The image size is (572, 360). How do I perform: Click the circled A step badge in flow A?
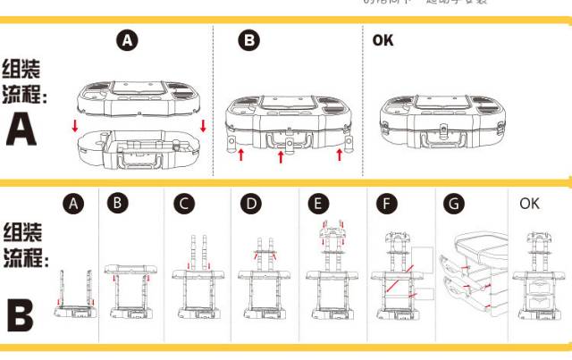point(129,40)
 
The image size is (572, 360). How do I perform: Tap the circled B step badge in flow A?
point(249,40)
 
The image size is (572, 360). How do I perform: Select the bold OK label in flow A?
point(383,39)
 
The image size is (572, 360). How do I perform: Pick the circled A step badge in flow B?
point(74,204)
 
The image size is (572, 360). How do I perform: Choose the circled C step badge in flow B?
point(184,204)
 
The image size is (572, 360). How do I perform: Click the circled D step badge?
point(252,204)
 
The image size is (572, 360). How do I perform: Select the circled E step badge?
point(318,204)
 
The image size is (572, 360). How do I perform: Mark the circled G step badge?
point(455,204)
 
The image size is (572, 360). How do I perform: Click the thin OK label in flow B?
point(530,204)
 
